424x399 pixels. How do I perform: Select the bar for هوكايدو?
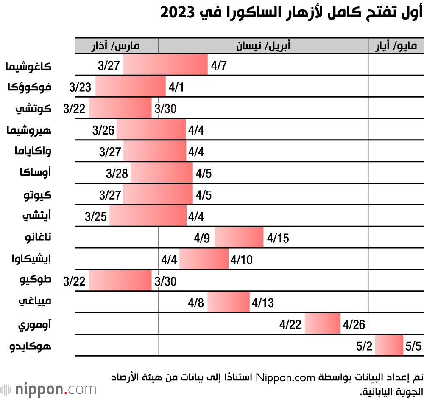(389, 345)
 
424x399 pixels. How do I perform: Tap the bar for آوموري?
(322, 324)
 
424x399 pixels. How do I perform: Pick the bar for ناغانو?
(239, 237)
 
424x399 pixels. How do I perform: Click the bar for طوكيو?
(120, 281)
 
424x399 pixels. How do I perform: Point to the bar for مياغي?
(228, 302)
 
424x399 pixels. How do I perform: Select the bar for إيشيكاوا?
(204, 259)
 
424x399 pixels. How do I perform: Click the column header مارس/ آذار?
(116, 46)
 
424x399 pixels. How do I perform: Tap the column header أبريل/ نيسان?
(263, 46)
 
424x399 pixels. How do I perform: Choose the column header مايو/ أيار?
(396, 46)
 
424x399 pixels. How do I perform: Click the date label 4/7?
(219, 66)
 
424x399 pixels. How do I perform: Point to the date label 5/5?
(413, 346)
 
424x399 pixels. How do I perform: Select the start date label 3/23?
(80, 87)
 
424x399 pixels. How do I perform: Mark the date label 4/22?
(290, 325)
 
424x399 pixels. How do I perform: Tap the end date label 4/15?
(278, 238)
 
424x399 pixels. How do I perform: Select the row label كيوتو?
(38, 195)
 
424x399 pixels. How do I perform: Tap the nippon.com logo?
(48, 389)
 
